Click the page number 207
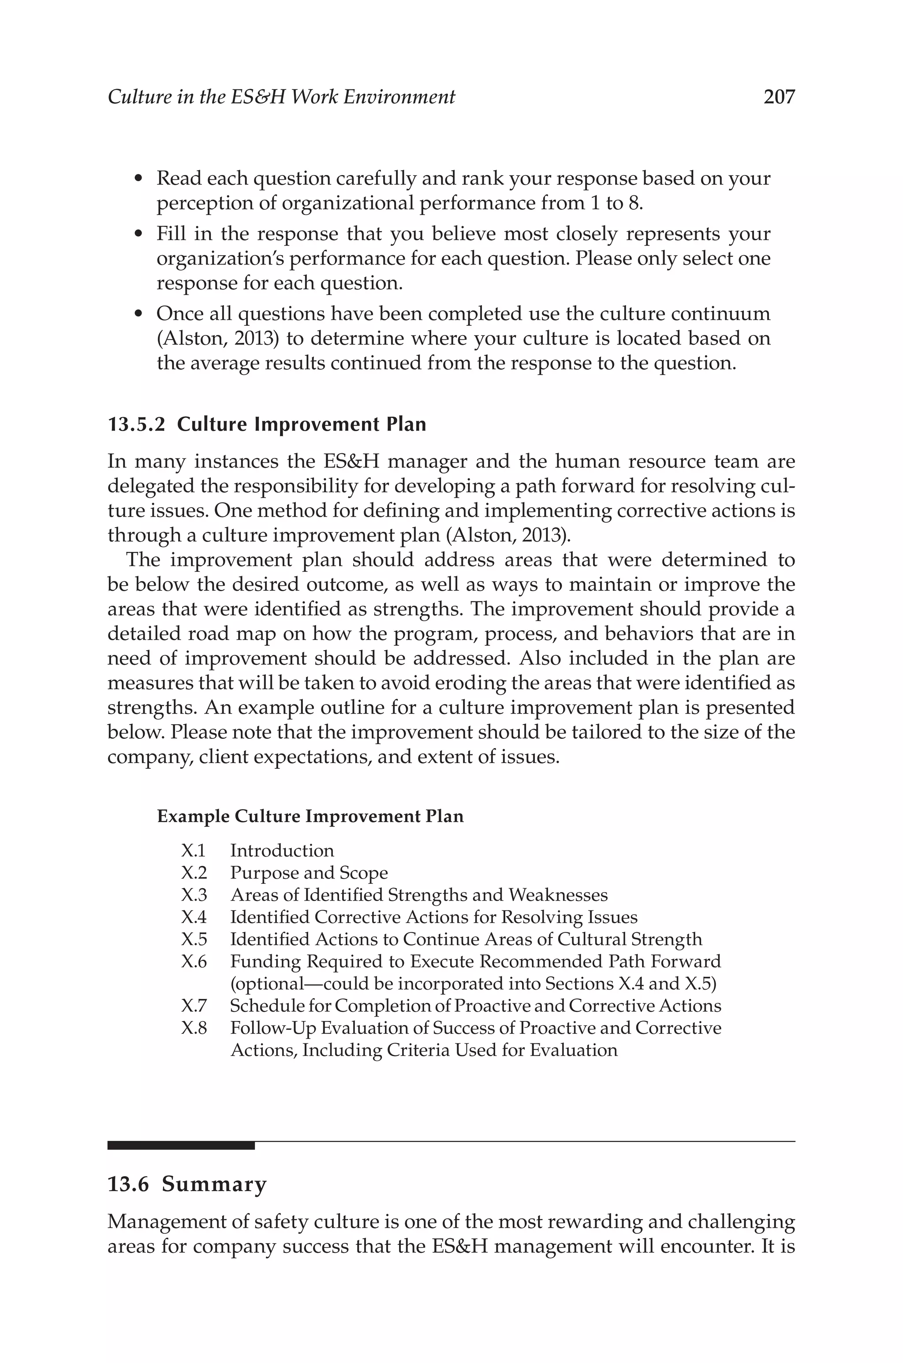(x=779, y=97)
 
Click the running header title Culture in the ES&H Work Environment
(x=281, y=97)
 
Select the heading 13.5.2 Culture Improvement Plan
(x=267, y=424)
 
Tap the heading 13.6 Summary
(x=187, y=1184)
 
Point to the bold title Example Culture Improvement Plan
(x=310, y=816)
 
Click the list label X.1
(x=193, y=850)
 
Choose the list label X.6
(x=194, y=961)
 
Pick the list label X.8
(x=194, y=1028)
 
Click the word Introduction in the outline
(x=282, y=850)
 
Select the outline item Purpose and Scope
(x=309, y=873)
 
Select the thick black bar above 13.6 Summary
(x=181, y=1145)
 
